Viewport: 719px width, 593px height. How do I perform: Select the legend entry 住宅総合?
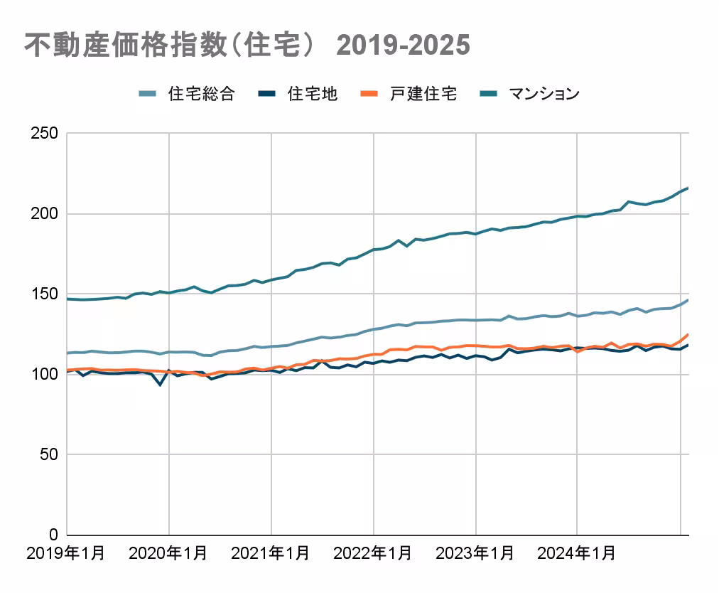pos(202,94)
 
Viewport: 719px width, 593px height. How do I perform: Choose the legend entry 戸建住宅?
pos(423,94)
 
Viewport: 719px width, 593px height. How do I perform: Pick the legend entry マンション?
pos(544,94)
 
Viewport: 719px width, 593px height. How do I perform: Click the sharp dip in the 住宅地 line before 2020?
pos(161,385)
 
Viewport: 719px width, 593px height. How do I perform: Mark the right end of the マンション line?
pos(688,188)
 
